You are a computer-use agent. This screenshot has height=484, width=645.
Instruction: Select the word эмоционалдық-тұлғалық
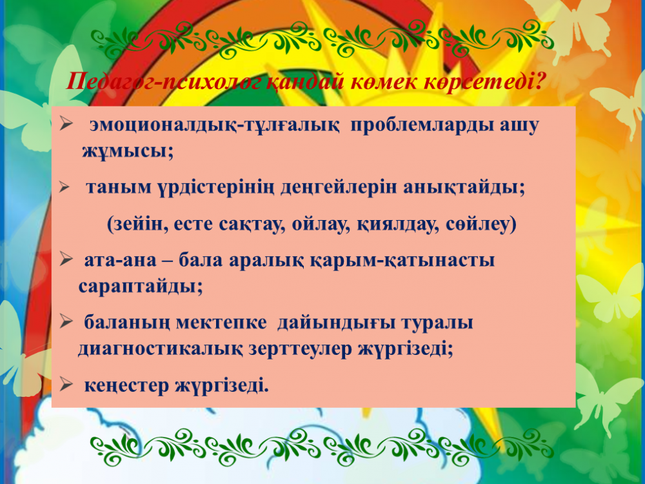(x=215, y=126)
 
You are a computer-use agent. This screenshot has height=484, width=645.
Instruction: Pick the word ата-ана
(x=120, y=261)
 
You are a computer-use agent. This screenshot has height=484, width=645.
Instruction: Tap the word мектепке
(x=221, y=322)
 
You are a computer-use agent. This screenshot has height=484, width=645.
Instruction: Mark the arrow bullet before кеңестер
(x=66, y=385)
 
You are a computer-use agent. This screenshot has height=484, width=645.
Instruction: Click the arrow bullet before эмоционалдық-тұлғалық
(x=66, y=123)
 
